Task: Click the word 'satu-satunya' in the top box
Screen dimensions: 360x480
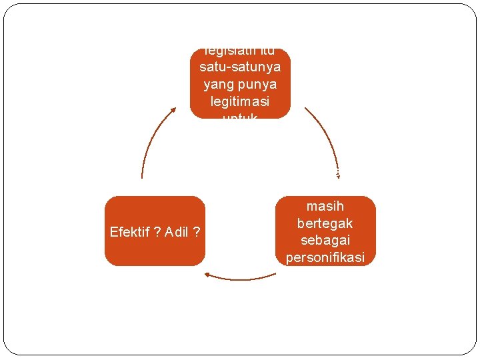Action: coord(240,68)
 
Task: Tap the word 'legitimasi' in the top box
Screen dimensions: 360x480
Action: coord(240,101)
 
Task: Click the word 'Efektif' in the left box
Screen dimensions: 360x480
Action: coord(131,232)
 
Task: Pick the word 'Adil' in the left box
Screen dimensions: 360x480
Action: coord(177,232)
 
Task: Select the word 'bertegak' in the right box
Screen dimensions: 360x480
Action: coord(325,223)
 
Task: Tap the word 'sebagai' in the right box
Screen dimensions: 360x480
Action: coord(325,240)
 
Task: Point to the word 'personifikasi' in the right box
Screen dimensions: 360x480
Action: coord(325,257)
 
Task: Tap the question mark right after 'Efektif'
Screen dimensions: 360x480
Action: coord(157,232)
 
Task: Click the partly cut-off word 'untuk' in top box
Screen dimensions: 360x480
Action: coord(240,116)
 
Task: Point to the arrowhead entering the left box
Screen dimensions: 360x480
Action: coord(208,273)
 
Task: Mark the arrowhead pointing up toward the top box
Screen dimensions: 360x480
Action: coord(173,110)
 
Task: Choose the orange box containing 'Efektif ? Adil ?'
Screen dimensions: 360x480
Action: coord(155,231)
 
